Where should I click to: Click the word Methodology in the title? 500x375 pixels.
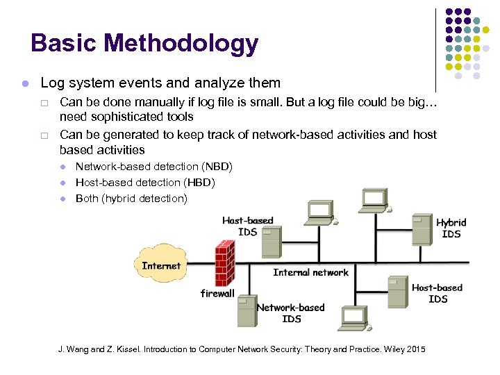[x=189, y=44]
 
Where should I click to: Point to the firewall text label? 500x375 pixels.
[x=217, y=294]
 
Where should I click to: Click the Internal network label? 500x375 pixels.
[x=310, y=272]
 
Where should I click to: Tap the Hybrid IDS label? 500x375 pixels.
[x=451, y=228]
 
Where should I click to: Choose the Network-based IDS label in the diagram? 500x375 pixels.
[x=291, y=312]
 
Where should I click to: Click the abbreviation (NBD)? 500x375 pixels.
[x=216, y=167]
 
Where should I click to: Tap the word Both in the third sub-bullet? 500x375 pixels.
[x=87, y=199]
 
